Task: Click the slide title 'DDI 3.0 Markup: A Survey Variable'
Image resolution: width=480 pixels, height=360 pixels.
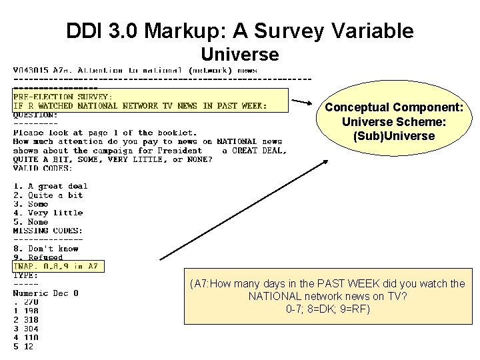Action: [240, 31]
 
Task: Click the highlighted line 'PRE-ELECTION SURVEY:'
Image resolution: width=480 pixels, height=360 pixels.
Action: [63, 97]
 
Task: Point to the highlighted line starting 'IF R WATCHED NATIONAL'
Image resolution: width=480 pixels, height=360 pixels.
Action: [140, 105]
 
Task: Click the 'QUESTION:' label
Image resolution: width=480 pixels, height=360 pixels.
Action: [35, 114]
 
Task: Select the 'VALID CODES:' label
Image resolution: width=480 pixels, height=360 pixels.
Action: [43, 168]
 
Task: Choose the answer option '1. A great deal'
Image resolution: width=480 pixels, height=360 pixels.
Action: [51, 186]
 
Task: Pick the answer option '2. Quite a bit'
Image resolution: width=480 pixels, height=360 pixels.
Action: [48, 195]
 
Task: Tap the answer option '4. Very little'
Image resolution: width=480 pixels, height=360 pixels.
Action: [48, 213]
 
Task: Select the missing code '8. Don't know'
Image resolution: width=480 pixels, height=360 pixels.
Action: [46, 249]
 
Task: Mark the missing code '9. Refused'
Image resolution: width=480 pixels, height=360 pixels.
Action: [38, 257]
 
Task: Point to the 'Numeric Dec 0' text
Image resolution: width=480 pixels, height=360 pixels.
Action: [45, 293]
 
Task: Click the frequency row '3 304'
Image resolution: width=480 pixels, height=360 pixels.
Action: [26, 328]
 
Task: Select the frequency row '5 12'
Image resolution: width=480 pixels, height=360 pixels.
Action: [23, 346]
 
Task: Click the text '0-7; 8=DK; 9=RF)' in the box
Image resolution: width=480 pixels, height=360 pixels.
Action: [327, 309]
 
